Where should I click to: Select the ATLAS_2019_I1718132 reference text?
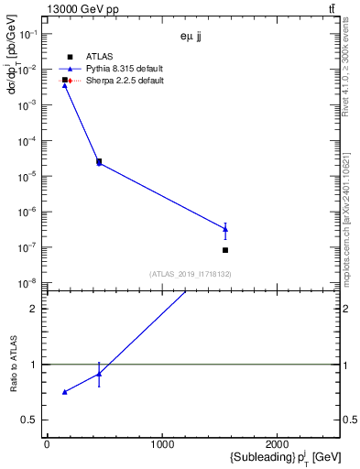[191, 274]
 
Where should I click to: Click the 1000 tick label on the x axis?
[161, 444]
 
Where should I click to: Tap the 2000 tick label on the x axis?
[277, 444]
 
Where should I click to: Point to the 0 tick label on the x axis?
[47, 444]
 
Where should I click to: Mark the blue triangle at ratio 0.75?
[64, 392]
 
